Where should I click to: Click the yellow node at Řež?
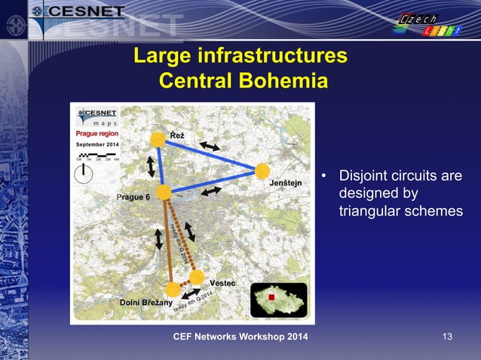[x=158, y=139]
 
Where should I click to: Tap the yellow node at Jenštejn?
[x=262, y=171]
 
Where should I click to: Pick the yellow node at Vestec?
[x=197, y=277]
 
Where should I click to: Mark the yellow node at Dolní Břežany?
[x=173, y=289]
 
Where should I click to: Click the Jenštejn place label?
[x=286, y=183]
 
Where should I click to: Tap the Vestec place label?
[x=222, y=282]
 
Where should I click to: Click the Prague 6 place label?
[x=133, y=197]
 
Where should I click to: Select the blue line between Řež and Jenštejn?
[x=210, y=154]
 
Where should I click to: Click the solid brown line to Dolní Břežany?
[x=167, y=241]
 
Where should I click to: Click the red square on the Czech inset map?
[x=272, y=297]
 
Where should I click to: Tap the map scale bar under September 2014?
[x=96, y=154]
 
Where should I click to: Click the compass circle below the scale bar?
[x=84, y=174]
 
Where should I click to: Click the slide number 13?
[x=448, y=335]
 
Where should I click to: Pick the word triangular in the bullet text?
[x=368, y=211]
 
